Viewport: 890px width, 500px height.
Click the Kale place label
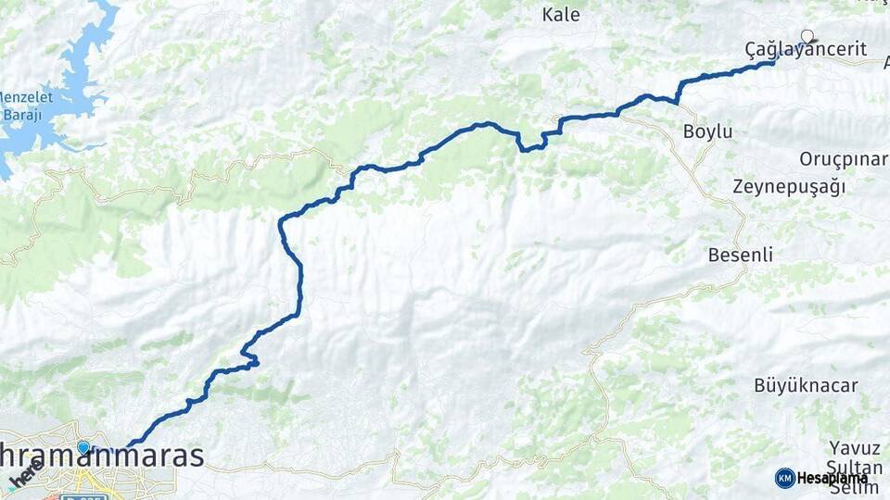coord(561,14)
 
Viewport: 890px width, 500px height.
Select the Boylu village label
coord(707,131)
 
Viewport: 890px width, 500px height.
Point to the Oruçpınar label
coord(843,158)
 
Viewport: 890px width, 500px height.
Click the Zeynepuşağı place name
coord(789,186)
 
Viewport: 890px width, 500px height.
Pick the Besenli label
coord(740,255)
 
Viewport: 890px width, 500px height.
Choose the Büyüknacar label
coord(806,385)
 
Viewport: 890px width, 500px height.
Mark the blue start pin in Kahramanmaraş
coord(83,448)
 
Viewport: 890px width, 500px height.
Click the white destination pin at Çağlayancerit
coord(807,37)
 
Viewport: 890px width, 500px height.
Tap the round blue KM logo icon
coord(784,478)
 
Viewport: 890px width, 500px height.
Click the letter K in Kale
coord(548,14)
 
